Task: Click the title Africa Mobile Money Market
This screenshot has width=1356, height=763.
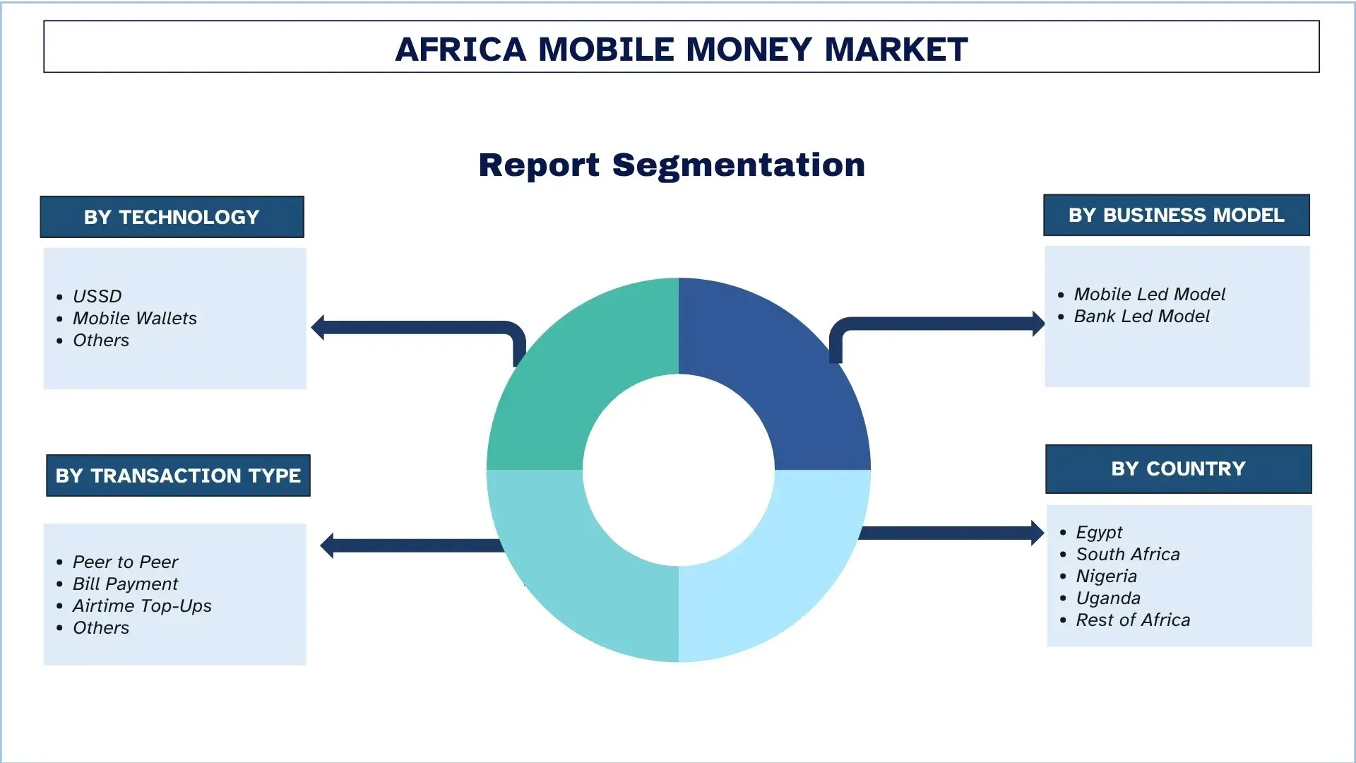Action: [681, 49]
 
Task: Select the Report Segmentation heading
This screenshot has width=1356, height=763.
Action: [672, 165]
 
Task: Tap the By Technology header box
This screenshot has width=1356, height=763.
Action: [172, 217]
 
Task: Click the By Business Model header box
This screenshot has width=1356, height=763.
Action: [1176, 215]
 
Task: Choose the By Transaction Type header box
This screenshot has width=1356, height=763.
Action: [178, 475]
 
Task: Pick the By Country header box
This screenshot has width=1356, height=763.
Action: [1178, 468]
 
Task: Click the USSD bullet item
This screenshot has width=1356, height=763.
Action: [97, 296]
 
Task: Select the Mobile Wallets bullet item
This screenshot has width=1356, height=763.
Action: [135, 318]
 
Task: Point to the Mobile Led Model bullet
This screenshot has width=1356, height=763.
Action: [1149, 294]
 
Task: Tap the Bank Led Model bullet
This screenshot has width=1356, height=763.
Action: [1141, 316]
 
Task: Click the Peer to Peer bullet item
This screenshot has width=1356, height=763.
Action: [126, 562]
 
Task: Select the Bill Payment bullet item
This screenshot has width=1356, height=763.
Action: [126, 584]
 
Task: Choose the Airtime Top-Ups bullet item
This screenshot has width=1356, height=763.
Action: [142, 605]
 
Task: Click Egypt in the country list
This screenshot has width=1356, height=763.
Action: [1099, 532]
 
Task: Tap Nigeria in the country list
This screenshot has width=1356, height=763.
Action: [1106, 576]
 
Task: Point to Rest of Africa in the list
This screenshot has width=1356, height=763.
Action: [1133, 620]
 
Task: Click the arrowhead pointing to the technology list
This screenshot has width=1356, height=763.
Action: [319, 328]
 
